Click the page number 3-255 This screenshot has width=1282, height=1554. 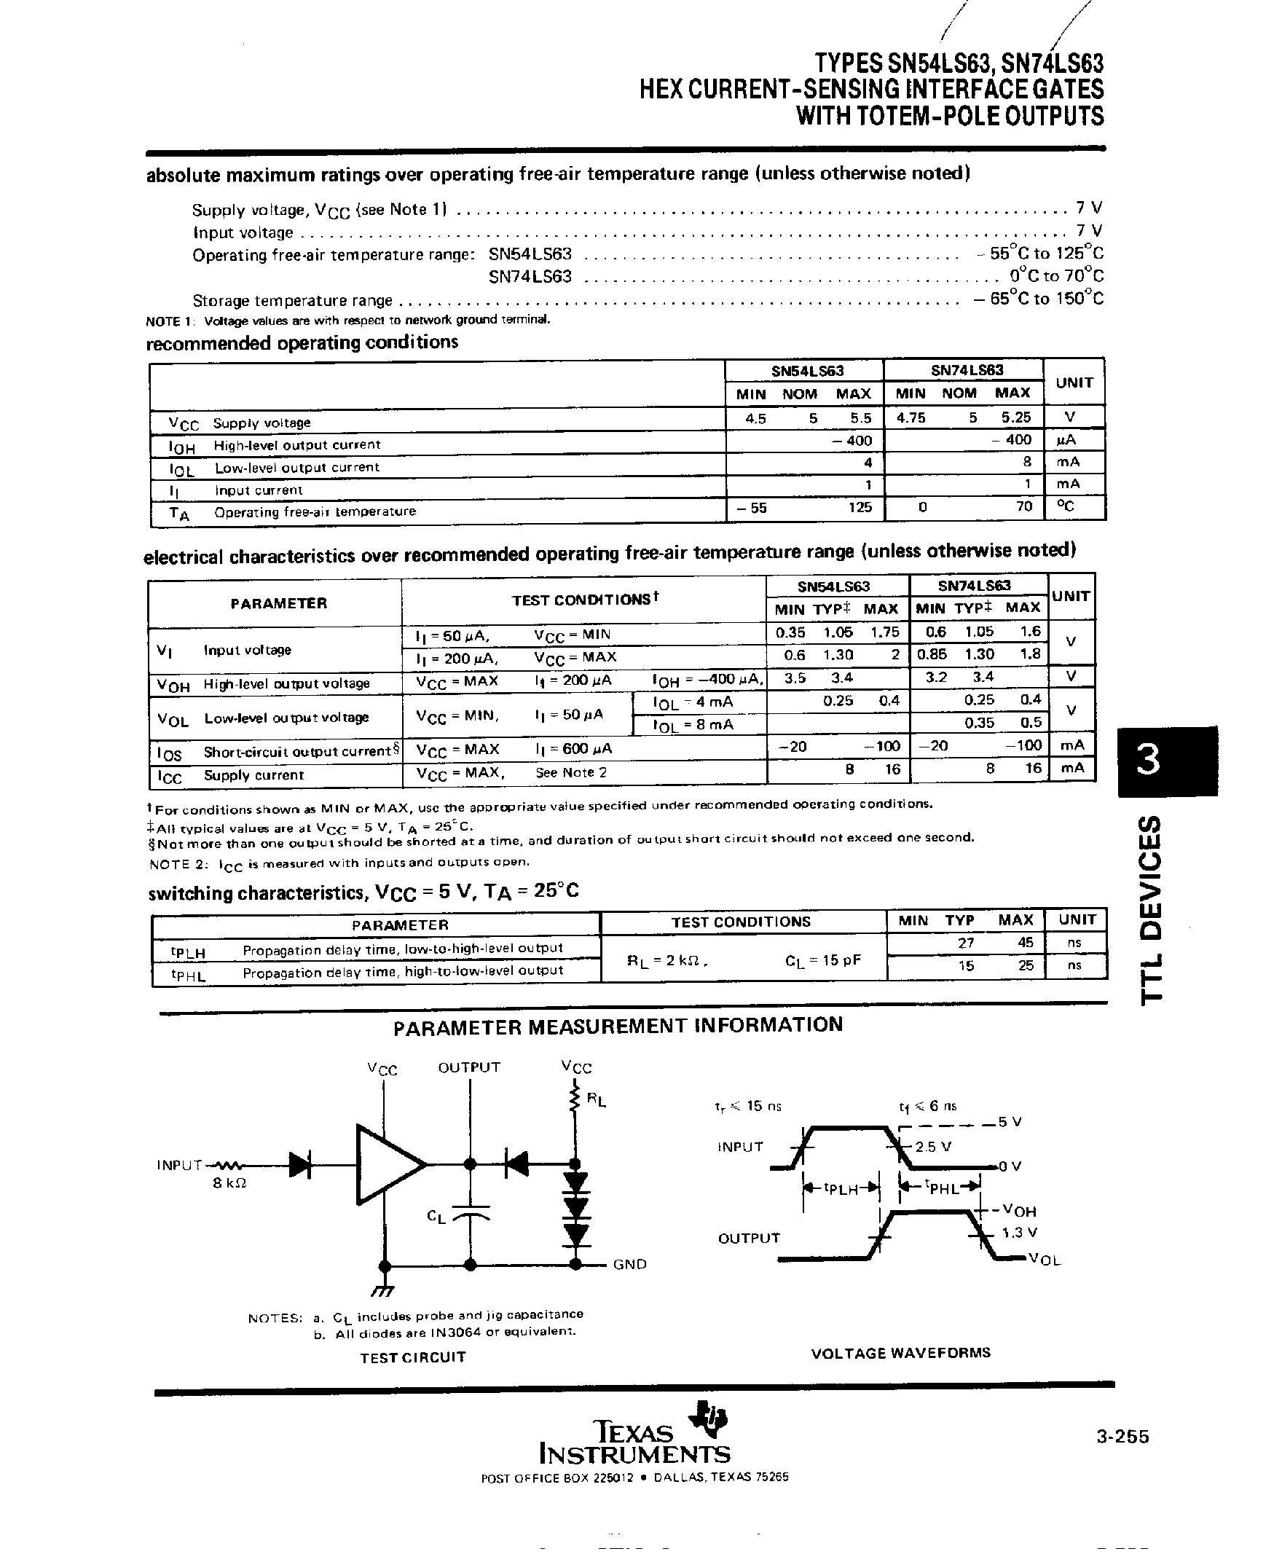pyautogui.click(x=1122, y=1436)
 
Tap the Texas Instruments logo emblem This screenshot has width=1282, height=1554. pyautogui.click(x=707, y=1416)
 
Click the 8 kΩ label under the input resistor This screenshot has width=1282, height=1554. pyautogui.click(x=229, y=1182)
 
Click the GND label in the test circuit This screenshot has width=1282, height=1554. pyautogui.click(x=629, y=1264)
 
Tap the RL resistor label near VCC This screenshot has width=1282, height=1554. pyautogui.click(x=596, y=1100)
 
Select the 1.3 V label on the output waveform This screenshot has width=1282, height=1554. pyautogui.click(x=1019, y=1232)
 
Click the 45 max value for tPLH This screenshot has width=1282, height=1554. pyautogui.click(x=1025, y=943)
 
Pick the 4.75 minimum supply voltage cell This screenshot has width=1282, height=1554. pyautogui.click(x=911, y=418)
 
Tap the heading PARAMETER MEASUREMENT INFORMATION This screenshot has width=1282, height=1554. pyautogui.click(x=618, y=1026)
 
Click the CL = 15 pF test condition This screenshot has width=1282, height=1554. pyautogui.click(x=822, y=961)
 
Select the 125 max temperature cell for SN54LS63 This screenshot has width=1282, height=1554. pyautogui.click(x=860, y=507)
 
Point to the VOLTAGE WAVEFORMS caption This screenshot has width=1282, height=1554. pyautogui.click(x=900, y=1352)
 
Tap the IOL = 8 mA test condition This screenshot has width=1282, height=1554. pyautogui.click(x=693, y=725)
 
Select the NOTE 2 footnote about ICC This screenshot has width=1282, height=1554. pyautogui.click(x=339, y=863)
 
